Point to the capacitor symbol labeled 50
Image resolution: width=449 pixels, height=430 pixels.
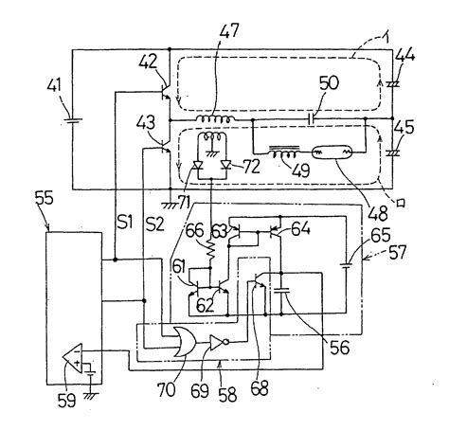point(311,121)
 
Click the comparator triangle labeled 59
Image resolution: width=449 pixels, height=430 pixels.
point(69,359)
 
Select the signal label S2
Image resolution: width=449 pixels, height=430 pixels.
point(153,225)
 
